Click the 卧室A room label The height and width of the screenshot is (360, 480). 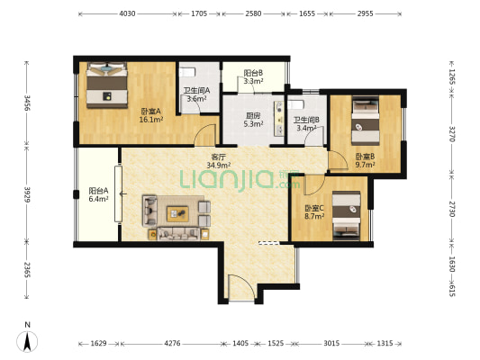(x=150, y=111)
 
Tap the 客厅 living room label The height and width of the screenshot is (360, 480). (x=218, y=157)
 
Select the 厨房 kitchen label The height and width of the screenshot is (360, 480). (x=253, y=115)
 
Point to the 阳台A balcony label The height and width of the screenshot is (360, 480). (x=98, y=191)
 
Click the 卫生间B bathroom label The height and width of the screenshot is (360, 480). (x=306, y=120)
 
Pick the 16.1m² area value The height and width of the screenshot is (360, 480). (x=150, y=120)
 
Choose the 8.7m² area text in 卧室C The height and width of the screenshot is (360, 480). (x=314, y=217)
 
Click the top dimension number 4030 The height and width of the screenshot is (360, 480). (x=127, y=13)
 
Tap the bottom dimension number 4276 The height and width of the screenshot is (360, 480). (x=172, y=343)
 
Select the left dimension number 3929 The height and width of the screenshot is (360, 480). (x=27, y=194)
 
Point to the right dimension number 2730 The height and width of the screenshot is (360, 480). (x=452, y=209)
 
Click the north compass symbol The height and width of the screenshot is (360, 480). (x=27, y=341)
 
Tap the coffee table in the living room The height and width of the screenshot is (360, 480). (x=177, y=214)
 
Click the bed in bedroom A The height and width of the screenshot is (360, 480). (x=107, y=85)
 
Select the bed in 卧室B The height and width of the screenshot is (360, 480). (x=366, y=121)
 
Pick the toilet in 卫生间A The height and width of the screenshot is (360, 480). (x=187, y=72)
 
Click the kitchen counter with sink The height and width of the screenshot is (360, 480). (x=279, y=118)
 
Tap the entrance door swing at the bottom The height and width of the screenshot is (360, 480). (x=241, y=287)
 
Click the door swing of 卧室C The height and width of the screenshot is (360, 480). (x=313, y=185)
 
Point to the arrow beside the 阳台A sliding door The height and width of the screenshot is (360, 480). (x=123, y=193)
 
